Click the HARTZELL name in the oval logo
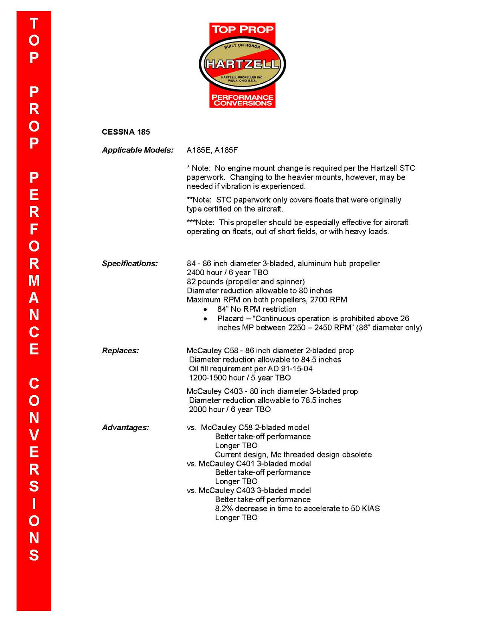coord(242,64)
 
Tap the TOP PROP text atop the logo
coord(242,29)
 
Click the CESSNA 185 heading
coord(126,132)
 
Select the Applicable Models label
coord(137,150)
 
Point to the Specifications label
coord(130,264)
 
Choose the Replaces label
coord(120,350)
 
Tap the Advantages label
coord(125,427)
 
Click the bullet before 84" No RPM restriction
coord(206,310)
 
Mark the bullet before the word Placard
coord(206,319)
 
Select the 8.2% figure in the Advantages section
coord(224,509)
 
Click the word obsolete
coord(356,455)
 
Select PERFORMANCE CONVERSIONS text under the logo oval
coord(242,100)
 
